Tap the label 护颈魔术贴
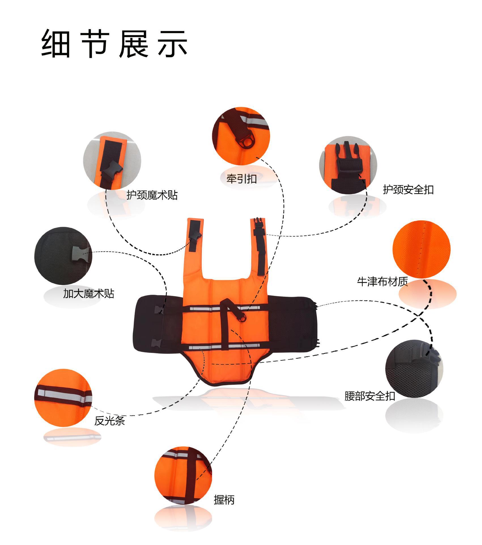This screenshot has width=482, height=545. tap(152, 195)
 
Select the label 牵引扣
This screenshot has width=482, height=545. tap(241, 179)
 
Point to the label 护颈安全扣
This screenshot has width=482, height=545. tap(408, 190)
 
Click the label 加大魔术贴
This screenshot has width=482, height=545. tap(88, 294)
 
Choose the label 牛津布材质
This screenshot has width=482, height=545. tap(382, 282)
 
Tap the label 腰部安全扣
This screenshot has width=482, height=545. tap(370, 396)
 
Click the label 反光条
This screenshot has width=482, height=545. tap(109, 421)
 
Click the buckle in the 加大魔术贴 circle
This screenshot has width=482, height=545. tap(81, 255)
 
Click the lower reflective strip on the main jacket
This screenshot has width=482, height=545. tap(224, 347)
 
